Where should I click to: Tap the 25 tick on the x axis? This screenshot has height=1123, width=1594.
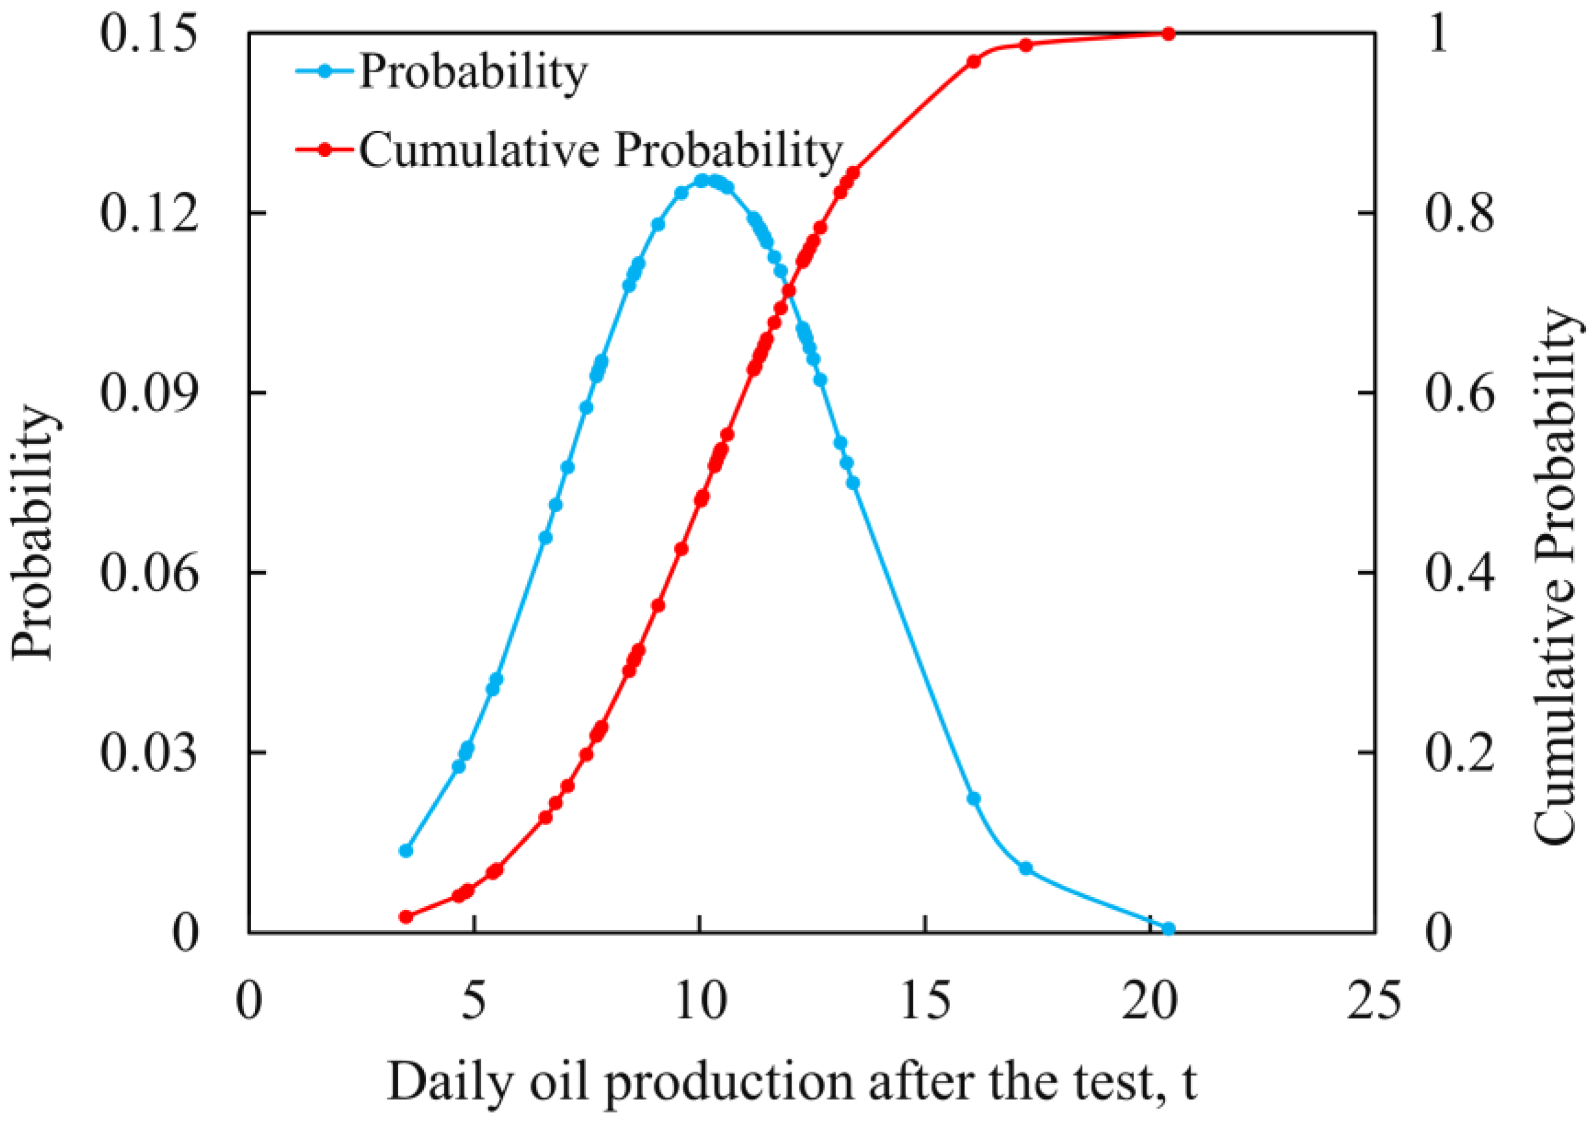pos(1373,1002)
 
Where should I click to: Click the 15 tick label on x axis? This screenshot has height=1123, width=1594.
pos(924,1002)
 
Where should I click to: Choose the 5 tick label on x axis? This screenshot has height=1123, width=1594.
pos(474,1002)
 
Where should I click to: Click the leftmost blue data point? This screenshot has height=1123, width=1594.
pos(407,851)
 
